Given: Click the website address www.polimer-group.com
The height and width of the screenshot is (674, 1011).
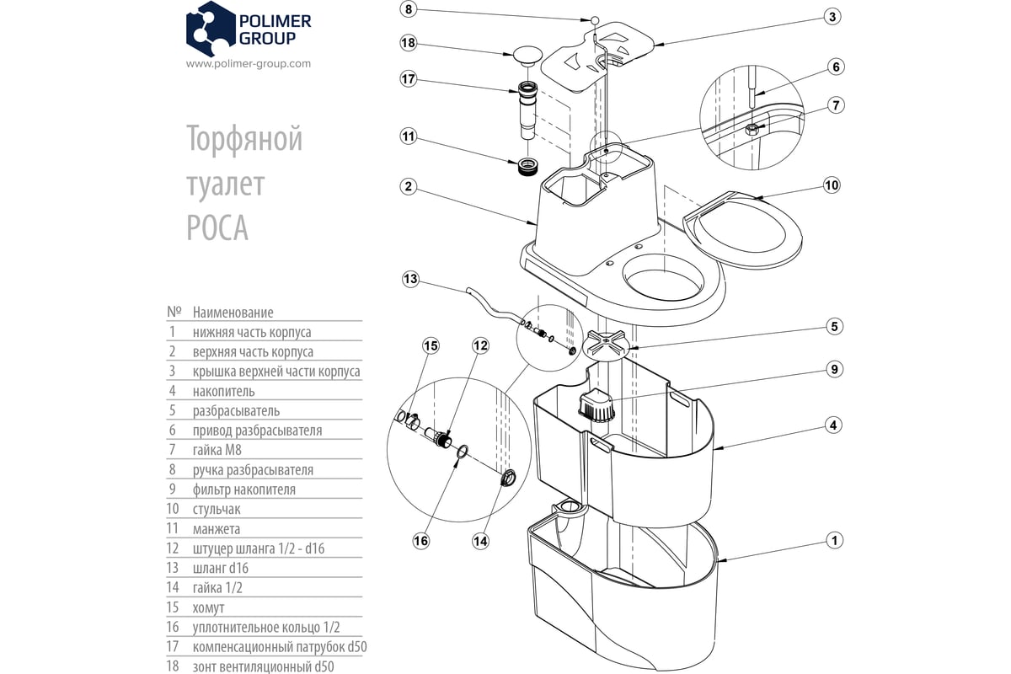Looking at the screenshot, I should coord(248,63).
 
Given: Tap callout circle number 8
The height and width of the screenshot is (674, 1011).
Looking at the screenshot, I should coord(409,10).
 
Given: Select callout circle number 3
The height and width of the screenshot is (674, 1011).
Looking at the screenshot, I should coord(832,17).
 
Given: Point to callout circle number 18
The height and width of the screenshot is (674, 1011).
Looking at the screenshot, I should coord(409,44).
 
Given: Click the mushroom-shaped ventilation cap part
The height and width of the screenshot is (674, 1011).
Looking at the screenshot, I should coord(527,56).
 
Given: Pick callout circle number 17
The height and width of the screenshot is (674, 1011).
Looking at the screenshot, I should coord(409,79).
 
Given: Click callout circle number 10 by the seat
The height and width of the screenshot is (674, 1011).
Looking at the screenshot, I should coord(832,185).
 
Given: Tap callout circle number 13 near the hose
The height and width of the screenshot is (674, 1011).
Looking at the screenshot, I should coord(410,278).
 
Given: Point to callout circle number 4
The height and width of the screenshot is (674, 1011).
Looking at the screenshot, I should coord(832,425).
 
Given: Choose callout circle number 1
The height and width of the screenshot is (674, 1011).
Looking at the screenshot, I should coord(832,540).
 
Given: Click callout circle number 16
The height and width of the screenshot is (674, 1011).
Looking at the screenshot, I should coord(420,540).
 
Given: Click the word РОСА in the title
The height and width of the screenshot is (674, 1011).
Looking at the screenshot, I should coord(217,227).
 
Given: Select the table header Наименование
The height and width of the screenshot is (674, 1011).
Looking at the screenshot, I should coord(233,313).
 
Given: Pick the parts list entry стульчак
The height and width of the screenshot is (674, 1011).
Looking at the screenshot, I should coord(217,509).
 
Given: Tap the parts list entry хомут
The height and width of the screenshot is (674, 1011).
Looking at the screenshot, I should coord(209,607).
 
